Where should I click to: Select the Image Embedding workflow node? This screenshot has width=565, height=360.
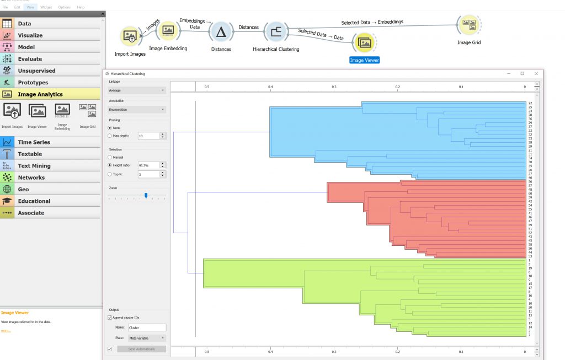click(x=168, y=31)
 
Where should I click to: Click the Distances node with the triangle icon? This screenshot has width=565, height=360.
click(x=221, y=32)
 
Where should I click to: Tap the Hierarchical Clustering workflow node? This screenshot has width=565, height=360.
click(x=275, y=32)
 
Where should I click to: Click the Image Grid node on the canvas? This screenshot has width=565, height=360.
click(x=468, y=25)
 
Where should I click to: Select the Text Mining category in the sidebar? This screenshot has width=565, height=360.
click(x=34, y=166)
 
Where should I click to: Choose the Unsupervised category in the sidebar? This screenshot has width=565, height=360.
click(x=36, y=71)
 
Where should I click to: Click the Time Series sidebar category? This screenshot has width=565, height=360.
click(x=34, y=142)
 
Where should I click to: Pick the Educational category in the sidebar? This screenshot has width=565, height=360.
click(x=34, y=201)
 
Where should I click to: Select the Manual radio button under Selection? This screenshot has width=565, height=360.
click(x=110, y=158)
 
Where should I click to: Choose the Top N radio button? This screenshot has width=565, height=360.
click(x=110, y=174)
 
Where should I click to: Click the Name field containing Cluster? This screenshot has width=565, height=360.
click(x=146, y=327)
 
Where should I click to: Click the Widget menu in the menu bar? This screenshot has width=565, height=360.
click(x=46, y=7)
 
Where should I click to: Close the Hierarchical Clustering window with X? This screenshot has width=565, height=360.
click(x=536, y=73)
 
